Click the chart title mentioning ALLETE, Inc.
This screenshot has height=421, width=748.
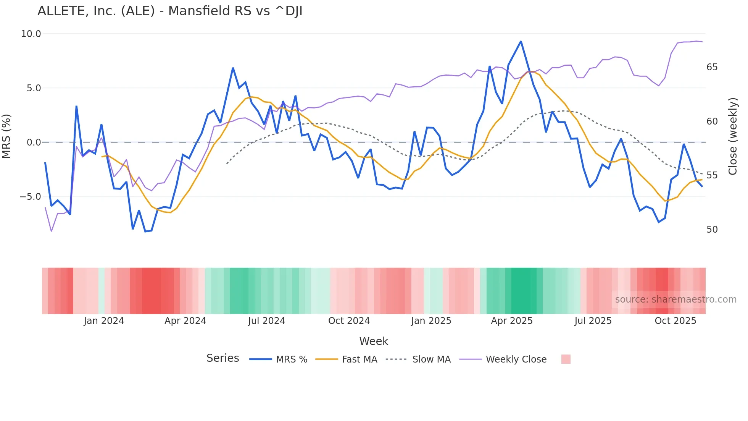click(x=170, y=11)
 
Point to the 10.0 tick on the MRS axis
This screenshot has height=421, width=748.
click(x=31, y=34)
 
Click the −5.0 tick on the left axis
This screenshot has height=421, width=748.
click(x=30, y=197)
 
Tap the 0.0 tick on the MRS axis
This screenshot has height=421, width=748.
click(x=34, y=142)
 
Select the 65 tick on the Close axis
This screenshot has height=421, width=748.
click(x=712, y=67)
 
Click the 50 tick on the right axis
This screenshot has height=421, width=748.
click(x=712, y=230)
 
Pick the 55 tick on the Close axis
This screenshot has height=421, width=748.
click(x=712, y=175)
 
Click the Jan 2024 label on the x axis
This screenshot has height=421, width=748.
click(x=104, y=321)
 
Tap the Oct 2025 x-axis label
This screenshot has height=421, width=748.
click(x=675, y=321)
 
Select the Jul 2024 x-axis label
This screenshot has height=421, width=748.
click(x=266, y=321)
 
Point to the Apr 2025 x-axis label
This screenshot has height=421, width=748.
click(x=511, y=321)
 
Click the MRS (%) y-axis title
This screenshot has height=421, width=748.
click(x=6, y=136)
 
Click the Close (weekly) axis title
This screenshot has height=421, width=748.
click(x=732, y=136)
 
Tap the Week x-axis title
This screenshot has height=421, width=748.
click(x=374, y=341)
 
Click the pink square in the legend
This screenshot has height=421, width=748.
click(x=566, y=359)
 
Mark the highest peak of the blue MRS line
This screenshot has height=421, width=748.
click(x=521, y=41)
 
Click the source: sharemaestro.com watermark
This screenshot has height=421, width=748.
click(x=675, y=300)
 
